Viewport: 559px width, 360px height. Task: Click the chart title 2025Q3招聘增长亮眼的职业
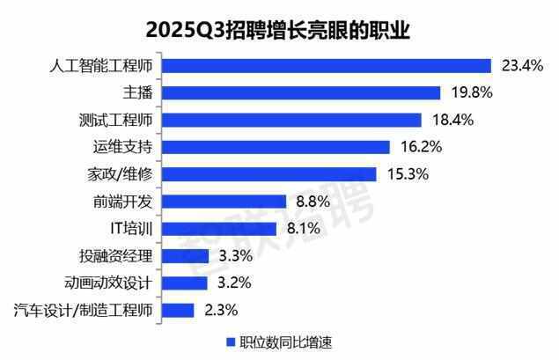tap(279, 29)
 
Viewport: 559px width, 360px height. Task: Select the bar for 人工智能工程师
tap(327, 65)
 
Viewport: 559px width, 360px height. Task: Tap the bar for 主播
tap(301, 92)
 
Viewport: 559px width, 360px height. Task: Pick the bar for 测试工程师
tap(292, 120)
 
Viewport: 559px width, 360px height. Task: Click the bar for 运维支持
tap(276, 147)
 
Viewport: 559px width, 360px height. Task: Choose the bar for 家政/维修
tap(269, 174)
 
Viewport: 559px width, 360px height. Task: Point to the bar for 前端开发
tap(224, 202)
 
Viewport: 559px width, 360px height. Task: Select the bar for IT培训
tap(220, 229)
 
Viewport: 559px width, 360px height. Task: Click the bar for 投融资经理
tap(186, 256)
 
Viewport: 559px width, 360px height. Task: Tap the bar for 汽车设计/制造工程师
tap(179, 310)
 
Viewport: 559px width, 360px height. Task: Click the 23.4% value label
tap(519, 65)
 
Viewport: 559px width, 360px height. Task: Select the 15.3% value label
tap(406, 174)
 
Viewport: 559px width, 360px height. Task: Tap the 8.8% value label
tap(313, 202)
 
